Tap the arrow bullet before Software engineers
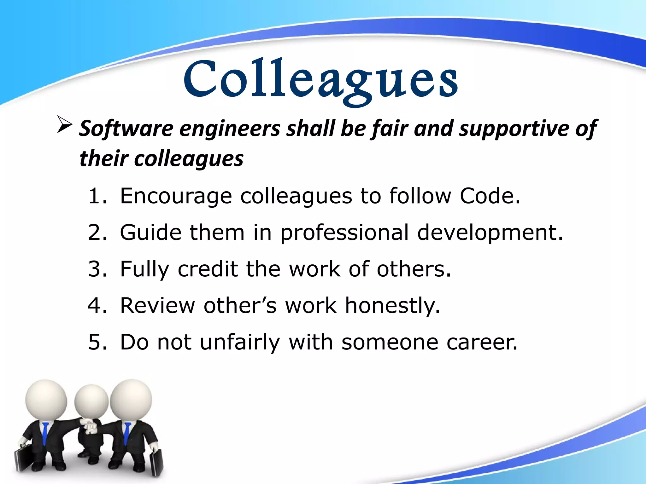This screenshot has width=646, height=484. tap(64, 125)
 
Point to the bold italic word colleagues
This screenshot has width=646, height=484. tap(189, 158)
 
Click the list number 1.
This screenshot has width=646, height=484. tap(97, 196)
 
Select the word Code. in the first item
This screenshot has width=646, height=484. tap(490, 196)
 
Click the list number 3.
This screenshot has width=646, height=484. tap(97, 269)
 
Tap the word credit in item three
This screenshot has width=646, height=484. tap(208, 269)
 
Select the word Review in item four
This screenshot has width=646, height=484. tap(158, 306)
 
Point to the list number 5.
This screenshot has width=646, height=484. tap(97, 342)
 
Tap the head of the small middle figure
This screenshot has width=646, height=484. tap(91, 401)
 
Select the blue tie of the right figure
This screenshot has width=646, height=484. tap(127, 433)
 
